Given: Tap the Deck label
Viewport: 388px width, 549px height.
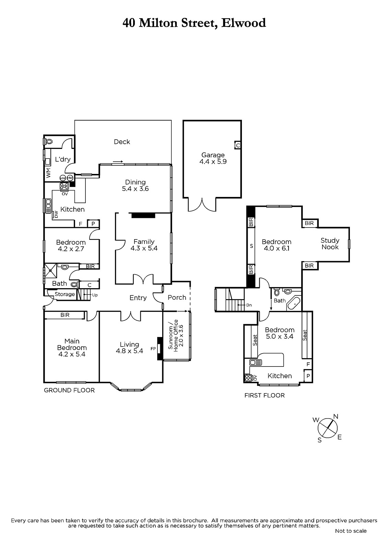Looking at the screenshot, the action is (x=122, y=142).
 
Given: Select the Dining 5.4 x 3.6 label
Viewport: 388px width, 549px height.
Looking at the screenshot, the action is (x=135, y=185).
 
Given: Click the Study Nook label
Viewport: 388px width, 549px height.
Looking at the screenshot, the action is (x=330, y=244).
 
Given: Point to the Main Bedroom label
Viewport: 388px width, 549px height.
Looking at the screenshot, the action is (x=72, y=348).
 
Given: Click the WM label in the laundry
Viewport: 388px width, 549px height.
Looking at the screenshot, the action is (x=48, y=173).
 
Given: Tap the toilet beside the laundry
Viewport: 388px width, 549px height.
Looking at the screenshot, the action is (x=48, y=142).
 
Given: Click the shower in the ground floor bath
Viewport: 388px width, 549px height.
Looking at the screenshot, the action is (x=51, y=270).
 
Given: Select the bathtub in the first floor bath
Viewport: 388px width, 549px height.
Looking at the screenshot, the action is (x=293, y=303).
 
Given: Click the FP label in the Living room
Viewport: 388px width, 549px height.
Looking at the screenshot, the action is (x=153, y=349).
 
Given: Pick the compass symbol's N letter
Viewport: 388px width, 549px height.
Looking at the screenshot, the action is (x=336, y=416).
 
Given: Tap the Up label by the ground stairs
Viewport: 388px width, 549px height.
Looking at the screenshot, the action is (x=95, y=295).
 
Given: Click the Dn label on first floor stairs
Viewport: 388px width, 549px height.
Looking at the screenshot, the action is (x=249, y=305).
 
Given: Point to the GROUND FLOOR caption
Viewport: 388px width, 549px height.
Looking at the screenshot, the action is (x=69, y=390).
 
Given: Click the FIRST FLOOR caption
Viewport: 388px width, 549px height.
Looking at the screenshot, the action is (x=264, y=395).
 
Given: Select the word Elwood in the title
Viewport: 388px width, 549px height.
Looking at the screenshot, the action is (x=243, y=23).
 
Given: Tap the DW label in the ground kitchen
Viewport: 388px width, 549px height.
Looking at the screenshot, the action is (x=56, y=214).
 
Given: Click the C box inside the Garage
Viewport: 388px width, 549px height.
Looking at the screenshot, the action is (x=237, y=145).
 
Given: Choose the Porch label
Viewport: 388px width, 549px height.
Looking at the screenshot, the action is (x=177, y=297).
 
